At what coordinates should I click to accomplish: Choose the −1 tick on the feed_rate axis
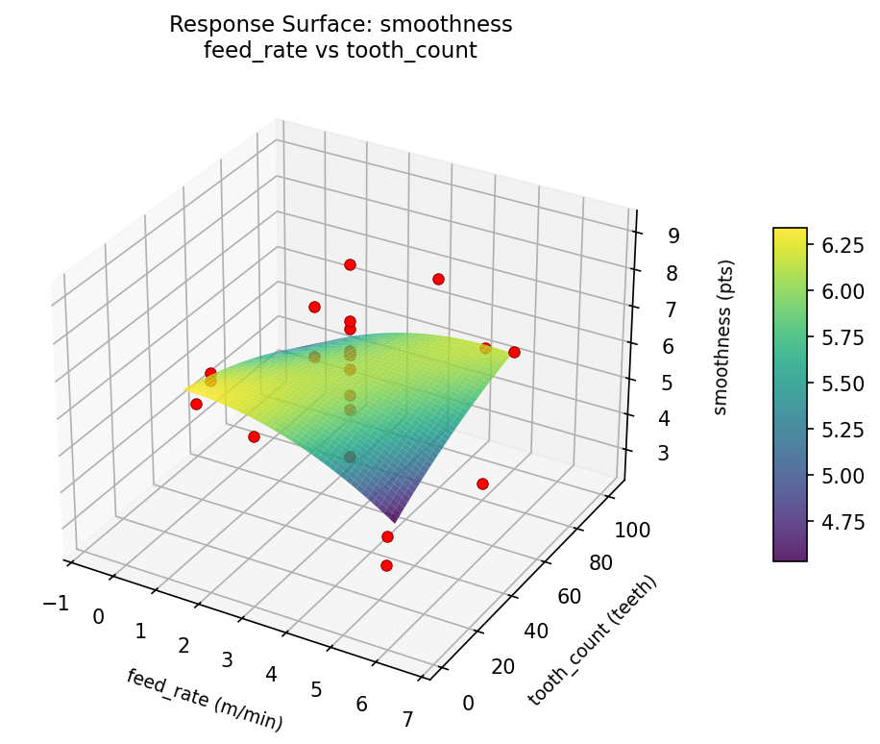(56, 603)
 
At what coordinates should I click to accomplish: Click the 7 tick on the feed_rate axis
(407, 719)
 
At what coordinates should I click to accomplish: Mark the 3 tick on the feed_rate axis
(228, 659)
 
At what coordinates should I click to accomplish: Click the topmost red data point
(350, 264)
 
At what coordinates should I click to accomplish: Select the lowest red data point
(386, 565)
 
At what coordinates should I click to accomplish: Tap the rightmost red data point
(514, 352)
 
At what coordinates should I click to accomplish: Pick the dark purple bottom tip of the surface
(396, 520)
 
